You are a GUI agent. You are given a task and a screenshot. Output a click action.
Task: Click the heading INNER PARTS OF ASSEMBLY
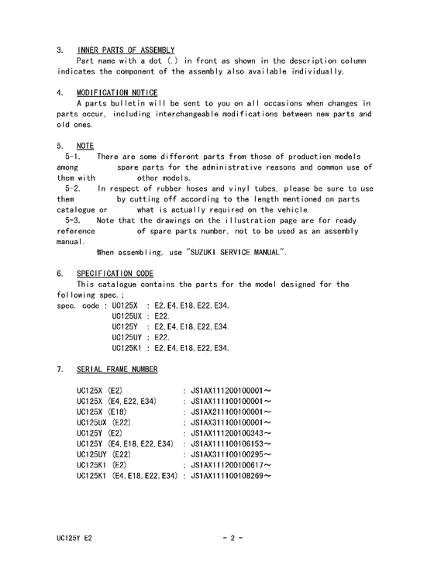(x=126, y=50)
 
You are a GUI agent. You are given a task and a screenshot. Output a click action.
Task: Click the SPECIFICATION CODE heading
(x=115, y=274)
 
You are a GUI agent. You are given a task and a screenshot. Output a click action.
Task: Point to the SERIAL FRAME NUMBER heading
(x=117, y=369)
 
